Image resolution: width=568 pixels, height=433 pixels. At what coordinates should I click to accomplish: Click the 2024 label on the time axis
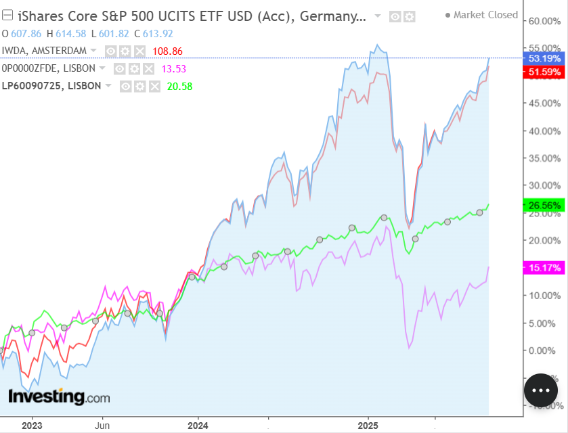point(198,426)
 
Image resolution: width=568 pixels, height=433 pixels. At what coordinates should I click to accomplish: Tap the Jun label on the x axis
point(102,426)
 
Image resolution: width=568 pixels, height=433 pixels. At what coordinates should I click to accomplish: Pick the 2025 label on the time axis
point(368,426)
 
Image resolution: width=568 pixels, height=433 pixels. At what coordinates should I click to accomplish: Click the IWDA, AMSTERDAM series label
point(45,51)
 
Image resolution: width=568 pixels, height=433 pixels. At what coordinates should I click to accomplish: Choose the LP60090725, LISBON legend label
point(51,86)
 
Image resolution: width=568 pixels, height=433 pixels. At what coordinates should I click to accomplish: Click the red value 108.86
point(169,51)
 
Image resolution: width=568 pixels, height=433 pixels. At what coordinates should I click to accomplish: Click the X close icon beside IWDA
point(139,51)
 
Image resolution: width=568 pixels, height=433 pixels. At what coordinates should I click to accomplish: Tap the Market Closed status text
point(485,15)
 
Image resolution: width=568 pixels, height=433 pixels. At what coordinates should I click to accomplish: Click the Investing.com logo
point(58,397)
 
